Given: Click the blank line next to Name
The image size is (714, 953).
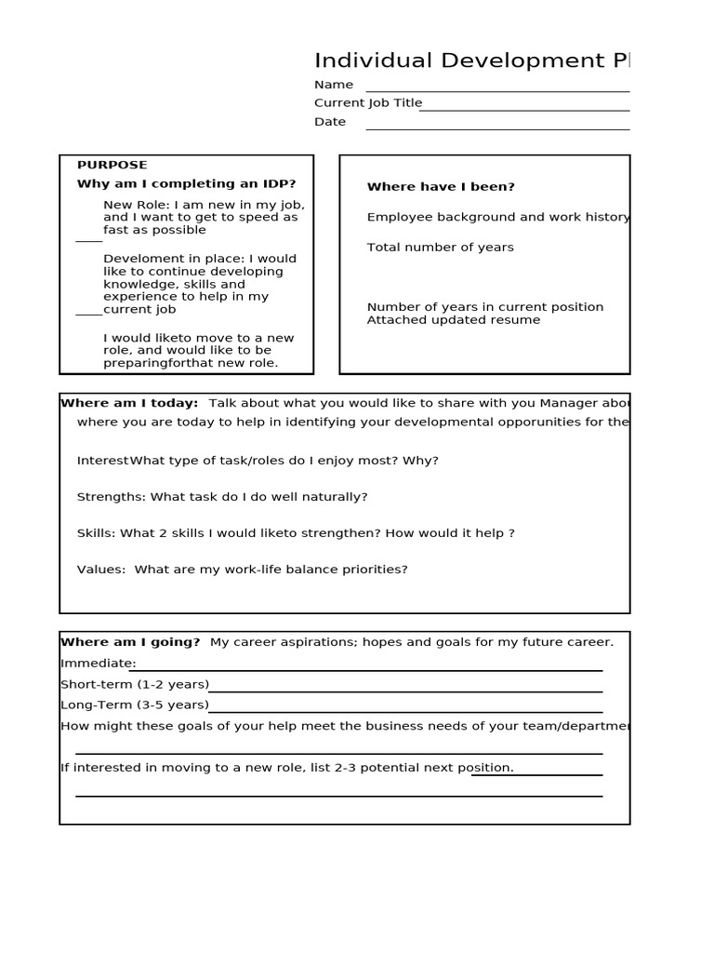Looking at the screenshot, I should (x=497, y=90).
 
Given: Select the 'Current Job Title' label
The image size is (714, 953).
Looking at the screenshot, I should (x=368, y=103).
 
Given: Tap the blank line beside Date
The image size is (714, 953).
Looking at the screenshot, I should (x=497, y=128).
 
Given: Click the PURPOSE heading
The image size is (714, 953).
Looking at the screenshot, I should (x=112, y=165).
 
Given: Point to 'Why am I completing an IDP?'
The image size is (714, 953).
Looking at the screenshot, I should (x=186, y=183).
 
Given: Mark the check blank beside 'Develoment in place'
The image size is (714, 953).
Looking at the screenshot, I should (x=88, y=314).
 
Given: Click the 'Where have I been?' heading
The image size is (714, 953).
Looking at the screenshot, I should (x=441, y=187).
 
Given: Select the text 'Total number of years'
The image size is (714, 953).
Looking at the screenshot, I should (x=440, y=248).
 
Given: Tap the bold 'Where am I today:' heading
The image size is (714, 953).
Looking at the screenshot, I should (x=129, y=403).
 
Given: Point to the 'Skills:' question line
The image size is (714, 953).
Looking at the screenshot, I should (x=296, y=533).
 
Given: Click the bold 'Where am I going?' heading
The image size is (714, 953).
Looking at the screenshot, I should (x=130, y=642).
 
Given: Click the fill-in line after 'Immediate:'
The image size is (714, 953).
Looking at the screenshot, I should (x=367, y=668).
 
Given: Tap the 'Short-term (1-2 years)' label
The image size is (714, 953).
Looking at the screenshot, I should (x=135, y=685).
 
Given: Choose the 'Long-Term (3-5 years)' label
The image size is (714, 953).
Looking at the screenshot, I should (x=134, y=705).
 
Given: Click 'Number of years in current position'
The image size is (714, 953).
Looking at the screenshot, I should (x=484, y=307).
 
